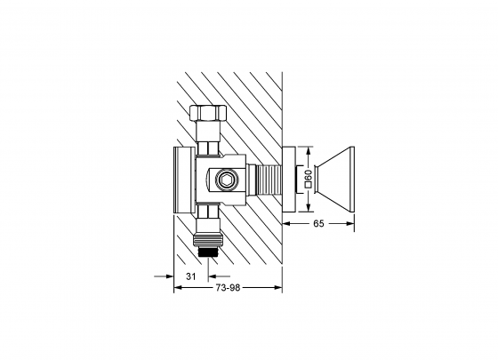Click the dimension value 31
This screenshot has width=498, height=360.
pyautogui.click(x=189, y=277)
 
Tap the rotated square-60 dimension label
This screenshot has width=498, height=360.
pyautogui.click(x=308, y=180)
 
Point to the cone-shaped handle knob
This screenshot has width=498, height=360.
pyautogui.click(x=337, y=180)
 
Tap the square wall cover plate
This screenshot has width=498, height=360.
pyautogui.click(x=291, y=180)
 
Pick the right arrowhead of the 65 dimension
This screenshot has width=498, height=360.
pyautogui.click(x=351, y=224)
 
